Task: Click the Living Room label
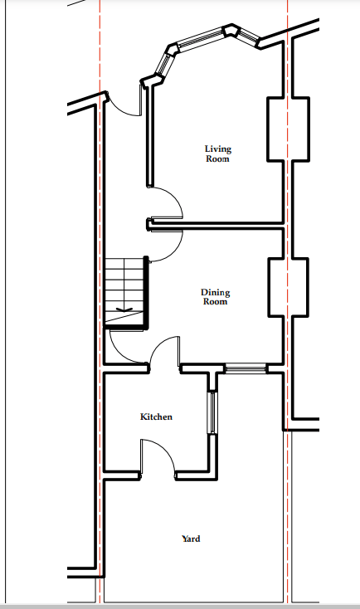(218, 153)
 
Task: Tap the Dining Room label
(215, 296)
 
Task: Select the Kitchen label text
(156, 417)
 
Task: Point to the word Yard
(191, 538)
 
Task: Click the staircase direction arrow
(124, 310)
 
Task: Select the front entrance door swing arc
(122, 108)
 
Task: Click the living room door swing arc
(173, 197)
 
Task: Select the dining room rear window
(246, 368)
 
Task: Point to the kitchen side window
(212, 412)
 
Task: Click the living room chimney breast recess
(288, 129)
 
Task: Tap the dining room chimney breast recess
(288, 287)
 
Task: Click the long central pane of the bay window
(201, 40)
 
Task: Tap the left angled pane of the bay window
(164, 63)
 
